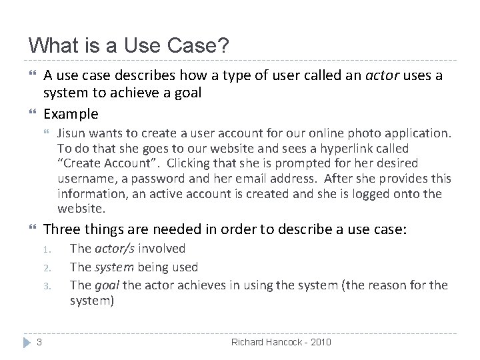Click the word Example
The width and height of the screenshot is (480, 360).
tap(71, 113)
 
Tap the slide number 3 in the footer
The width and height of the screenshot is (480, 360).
tap(39, 343)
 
